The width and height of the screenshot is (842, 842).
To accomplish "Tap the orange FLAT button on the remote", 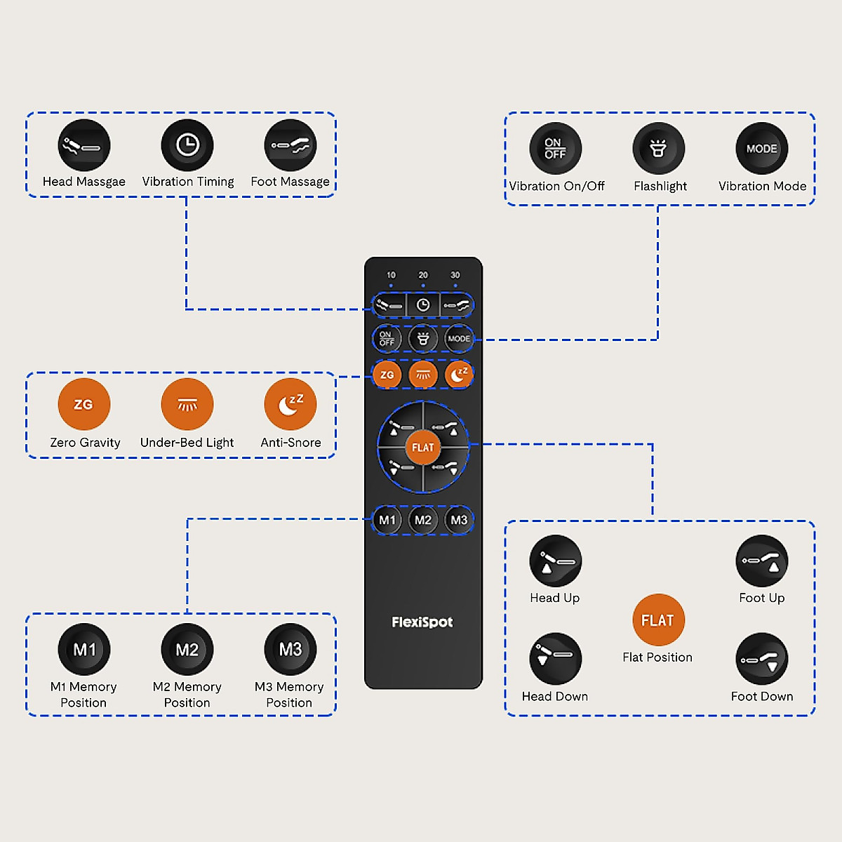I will coord(423,448).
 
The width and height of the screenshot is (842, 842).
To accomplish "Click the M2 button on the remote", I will coord(423,520).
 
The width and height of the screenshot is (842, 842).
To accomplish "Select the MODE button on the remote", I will coord(459,339).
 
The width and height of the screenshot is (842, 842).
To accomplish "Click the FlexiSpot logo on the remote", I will coord(422,622).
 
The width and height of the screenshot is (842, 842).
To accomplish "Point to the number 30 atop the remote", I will coord(455,275).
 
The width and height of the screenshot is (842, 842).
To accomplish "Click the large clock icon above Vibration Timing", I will coord(187,145).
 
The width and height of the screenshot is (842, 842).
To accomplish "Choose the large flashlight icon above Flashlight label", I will coord(658,149).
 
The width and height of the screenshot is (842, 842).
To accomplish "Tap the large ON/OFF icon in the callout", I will coord(555,149).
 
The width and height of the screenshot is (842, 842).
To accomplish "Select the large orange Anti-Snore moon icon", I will coord(290,404).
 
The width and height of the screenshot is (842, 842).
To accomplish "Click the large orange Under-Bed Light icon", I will coord(187,404).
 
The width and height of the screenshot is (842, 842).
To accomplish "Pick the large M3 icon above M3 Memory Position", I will coord(290,650).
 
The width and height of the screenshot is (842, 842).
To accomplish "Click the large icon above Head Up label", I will coord(555,561).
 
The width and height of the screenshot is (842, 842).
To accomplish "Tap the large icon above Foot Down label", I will coord(762,660).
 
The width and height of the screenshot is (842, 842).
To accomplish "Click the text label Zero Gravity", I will coord(85,443).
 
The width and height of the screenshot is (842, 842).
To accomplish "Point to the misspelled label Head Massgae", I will coord(84,182).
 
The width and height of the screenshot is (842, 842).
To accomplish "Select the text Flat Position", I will coord(657,657).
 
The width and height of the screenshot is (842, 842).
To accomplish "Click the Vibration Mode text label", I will coord(763,186).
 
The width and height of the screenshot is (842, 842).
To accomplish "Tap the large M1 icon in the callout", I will coord(84,650).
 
